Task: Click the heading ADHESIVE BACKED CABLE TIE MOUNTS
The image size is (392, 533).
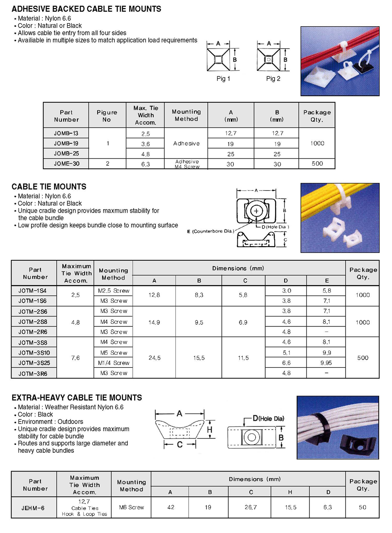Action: [86, 9]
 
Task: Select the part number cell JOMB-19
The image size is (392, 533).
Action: [66, 143]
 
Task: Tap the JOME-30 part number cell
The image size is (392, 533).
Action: [66, 164]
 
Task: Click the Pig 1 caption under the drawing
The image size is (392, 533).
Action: [223, 79]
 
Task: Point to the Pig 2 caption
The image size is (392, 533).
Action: [273, 79]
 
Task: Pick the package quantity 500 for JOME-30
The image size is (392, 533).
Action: [317, 164]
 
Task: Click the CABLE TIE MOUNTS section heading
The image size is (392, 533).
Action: [49, 186]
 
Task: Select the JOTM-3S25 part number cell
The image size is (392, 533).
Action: [33, 363]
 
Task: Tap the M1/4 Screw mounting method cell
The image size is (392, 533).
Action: [113, 363]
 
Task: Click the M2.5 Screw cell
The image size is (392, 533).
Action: [113, 291]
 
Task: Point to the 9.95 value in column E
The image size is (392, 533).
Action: [326, 363]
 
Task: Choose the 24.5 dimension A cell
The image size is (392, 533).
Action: [154, 358]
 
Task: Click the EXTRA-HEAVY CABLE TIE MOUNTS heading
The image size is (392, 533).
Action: [77, 398]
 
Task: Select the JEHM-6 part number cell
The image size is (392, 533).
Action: [33, 508]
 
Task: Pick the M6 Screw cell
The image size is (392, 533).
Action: [131, 508]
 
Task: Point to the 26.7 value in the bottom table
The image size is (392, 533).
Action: [251, 508]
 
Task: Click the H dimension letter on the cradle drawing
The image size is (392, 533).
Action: [210, 429]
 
